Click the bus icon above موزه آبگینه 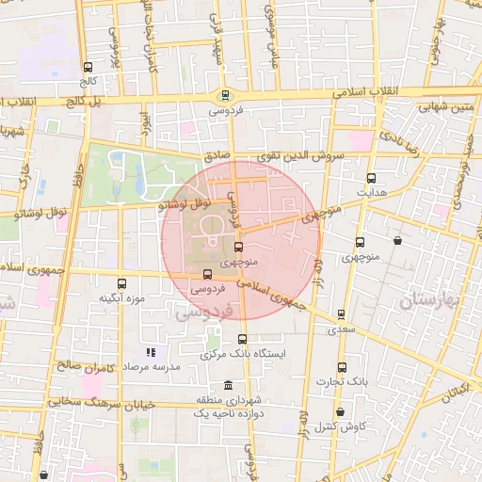click(120, 283)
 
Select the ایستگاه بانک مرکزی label click(242, 354)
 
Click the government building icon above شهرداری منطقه click(230, 385)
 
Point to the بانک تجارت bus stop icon click(341, 368)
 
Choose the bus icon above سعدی click(341, 315)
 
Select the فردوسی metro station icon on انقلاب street click(224, 95)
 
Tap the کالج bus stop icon click(88, 68)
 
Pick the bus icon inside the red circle click(237, 247)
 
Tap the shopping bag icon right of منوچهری click(398, 241)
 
